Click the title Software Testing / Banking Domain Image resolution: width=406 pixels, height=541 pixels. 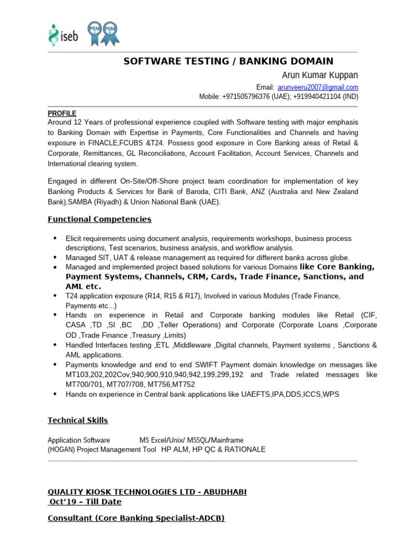click(228, 61)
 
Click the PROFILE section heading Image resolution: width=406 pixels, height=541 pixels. click(62, 114)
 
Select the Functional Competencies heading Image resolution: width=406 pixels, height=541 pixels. click(99, 219)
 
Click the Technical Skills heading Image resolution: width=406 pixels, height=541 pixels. click(78, 421)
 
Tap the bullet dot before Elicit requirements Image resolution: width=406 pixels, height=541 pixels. click(55, 239)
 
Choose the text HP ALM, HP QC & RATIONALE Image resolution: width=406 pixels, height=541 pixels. click(213, 450)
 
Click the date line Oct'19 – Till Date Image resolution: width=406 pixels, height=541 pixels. click(85, 502)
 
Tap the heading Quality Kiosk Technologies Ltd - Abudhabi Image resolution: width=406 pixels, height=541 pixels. click(147, 492)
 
